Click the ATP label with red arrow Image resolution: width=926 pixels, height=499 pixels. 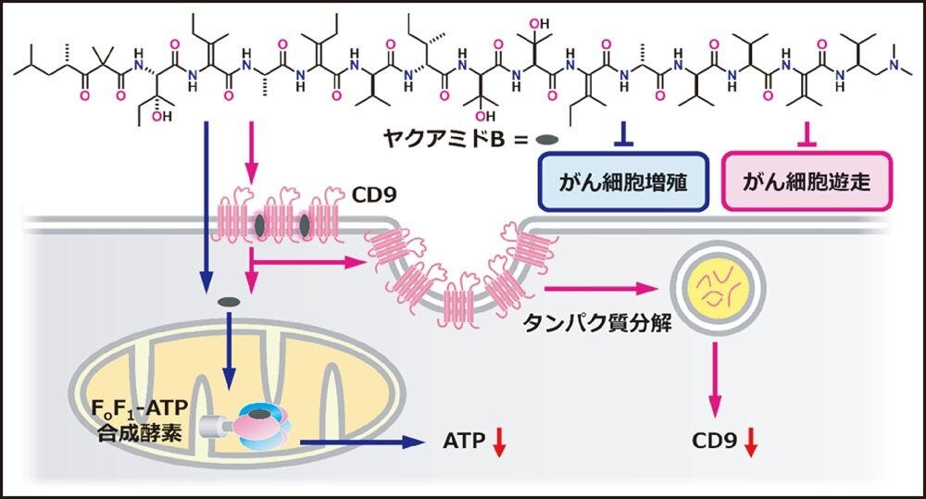coord(465,441)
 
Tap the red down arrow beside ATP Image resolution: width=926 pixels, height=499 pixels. coord(499,442)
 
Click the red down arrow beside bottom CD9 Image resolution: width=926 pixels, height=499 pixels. coord(751,443)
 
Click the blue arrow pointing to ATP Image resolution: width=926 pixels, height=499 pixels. coord(361,442)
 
